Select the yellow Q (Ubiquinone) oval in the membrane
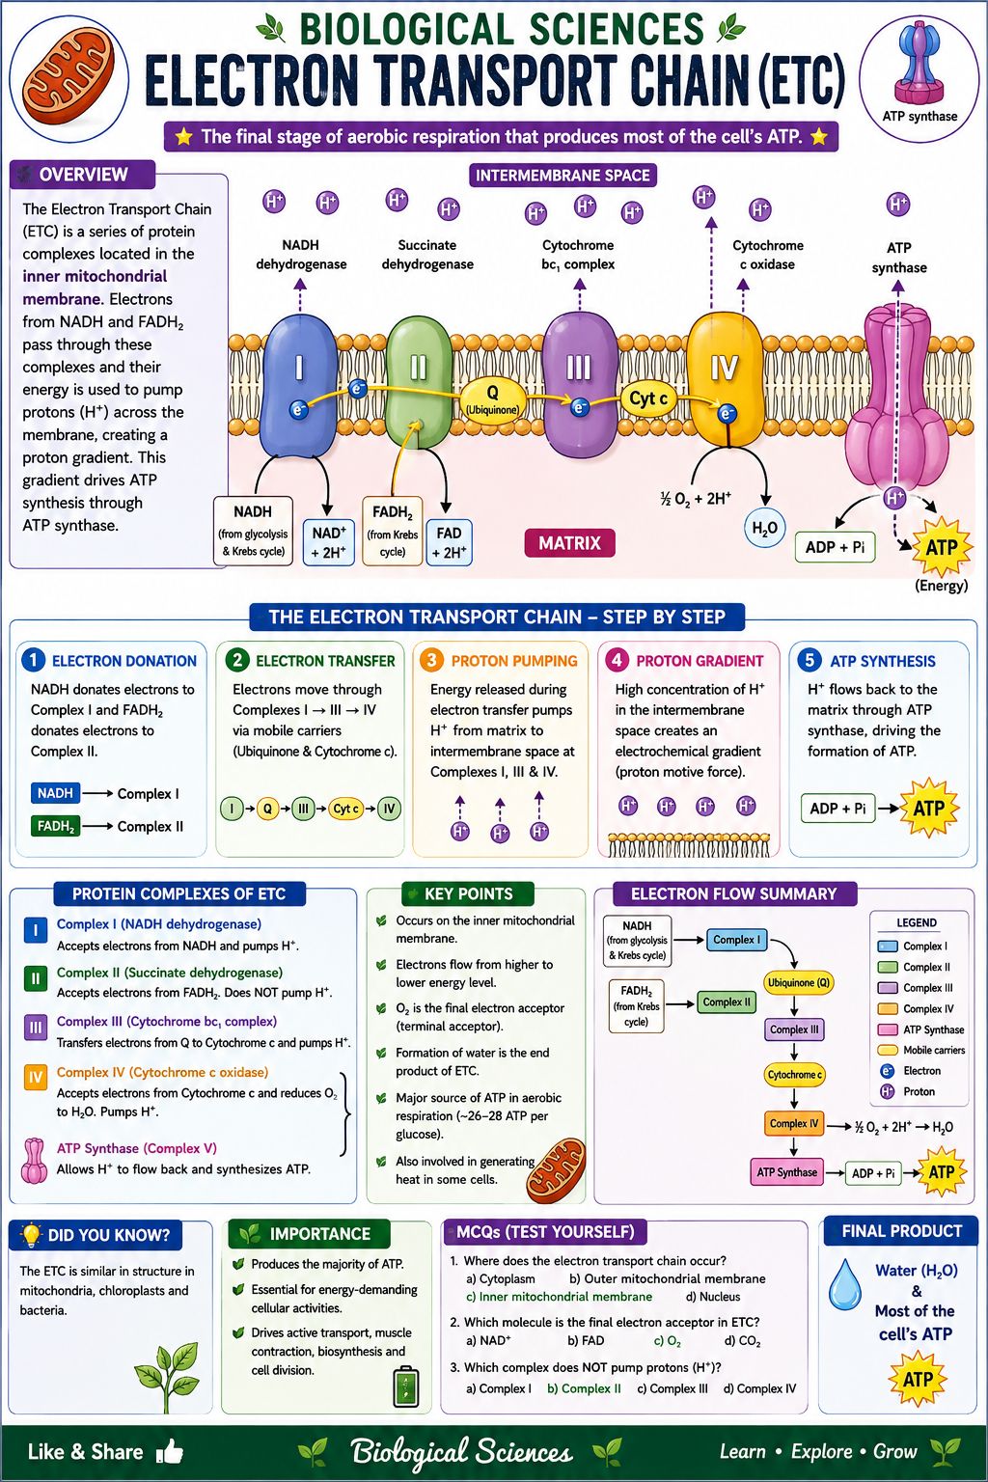(492, 399)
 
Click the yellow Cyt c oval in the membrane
(647, 398)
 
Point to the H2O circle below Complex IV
(764, 528)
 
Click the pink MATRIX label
(569, 543)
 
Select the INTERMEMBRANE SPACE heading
(563, 176)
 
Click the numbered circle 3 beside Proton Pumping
(431, 660)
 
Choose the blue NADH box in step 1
(56, 792)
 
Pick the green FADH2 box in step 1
(56, 826)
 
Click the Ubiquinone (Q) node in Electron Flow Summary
(798, 982)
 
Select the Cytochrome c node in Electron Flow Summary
(794, 1075)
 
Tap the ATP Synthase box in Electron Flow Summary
(786, 1172)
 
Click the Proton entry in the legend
(907, 1091)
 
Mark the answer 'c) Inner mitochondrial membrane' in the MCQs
(560, 1297)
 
